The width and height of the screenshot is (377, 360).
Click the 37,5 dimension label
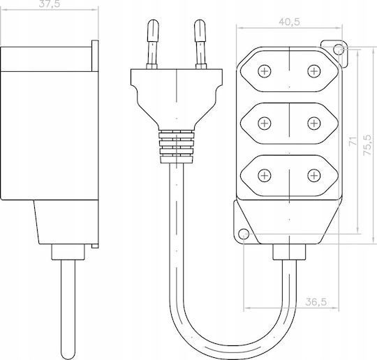pyautogui.click(x=50, y=4)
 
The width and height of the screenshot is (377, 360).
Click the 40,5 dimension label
pyautogui.click(x=289, y=22)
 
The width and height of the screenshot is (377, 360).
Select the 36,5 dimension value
pyautogui.click(x=316, y=302)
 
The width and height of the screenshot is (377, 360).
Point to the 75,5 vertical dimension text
pyautogui.click(x=368, y=144)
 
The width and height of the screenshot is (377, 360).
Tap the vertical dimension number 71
pyautogui.click(x=353, y=141)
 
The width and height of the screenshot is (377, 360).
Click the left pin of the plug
pyautogui.click(x=152, y=45)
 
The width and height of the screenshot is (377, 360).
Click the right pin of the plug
pyautogui.click(x=200, y=45)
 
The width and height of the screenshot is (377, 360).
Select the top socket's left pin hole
pyautogui.click(x=264, y=71)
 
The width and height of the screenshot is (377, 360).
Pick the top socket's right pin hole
pyautogui.click(x=313, y=71)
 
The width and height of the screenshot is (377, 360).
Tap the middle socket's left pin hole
pyautogui.click(x=264, y=123)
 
